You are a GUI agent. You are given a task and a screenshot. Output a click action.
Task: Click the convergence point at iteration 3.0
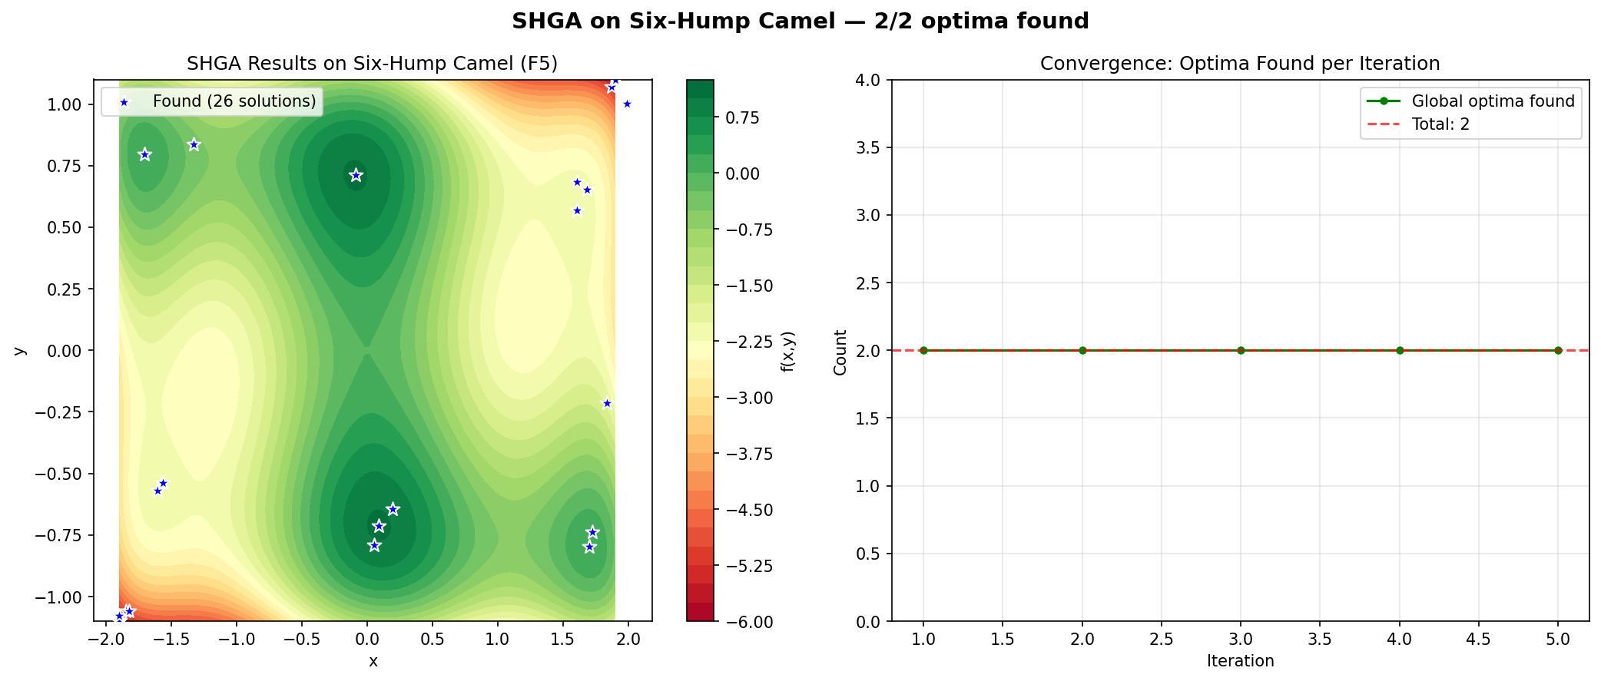pyautogui.click(x=1241, y=350)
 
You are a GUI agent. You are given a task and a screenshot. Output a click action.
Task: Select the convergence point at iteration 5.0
pyautogui.click(x=1558, y=350)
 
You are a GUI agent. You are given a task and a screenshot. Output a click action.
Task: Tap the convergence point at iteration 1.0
pyautogui.click(x=923, y=350)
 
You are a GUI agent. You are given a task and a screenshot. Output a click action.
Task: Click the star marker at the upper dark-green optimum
pyautogui.click(x=356, y=175)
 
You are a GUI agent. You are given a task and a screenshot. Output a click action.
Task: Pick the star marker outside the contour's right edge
pyautogui.click(x=627, y=104)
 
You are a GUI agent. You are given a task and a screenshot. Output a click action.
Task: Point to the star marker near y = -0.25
pyautogui.click(x=607, y=403)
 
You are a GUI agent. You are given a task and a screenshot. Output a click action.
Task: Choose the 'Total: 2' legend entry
pyautogui.click(x=1440, y=124)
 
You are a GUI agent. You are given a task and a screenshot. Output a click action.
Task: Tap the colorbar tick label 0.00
pyautogui.click(x=742, y=174)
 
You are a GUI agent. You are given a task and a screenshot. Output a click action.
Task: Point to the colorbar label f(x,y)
pyautogui.click(x=787, y=352)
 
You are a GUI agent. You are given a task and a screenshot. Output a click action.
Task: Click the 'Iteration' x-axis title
pyautogui.click(x=1240, y=661)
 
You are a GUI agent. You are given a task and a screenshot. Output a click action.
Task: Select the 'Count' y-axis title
pyautogui.click(x=840, y=352)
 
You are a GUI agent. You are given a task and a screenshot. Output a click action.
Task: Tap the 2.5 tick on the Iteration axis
pyautogui.click(x=1161, y=639)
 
